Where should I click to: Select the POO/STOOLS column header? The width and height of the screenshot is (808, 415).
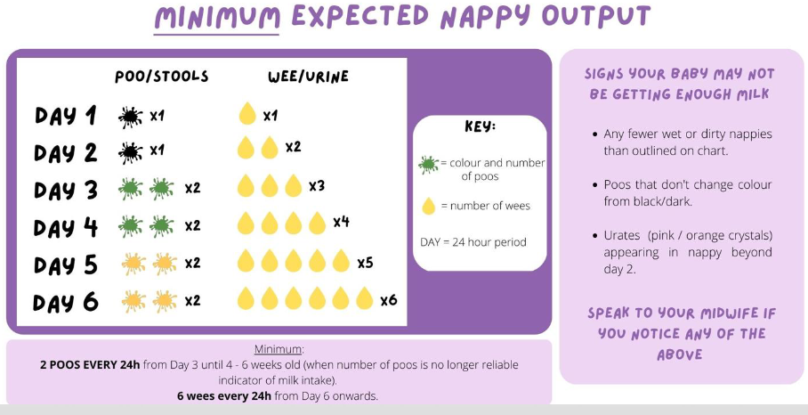pos(162,77)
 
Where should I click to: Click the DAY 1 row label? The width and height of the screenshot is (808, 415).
pos(66,116)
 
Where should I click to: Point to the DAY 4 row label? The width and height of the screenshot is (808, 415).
pos(66,227)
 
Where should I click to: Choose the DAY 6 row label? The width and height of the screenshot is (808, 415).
pos(66,302)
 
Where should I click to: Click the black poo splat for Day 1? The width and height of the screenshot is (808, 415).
pos(130,116)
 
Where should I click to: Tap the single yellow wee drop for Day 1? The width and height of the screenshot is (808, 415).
pos(247,114)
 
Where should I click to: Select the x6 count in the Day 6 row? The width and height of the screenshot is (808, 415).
pos(388,300)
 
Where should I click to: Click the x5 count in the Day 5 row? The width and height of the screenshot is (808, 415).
pos(365,263)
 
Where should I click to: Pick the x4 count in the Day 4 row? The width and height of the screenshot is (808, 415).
pos(341,222)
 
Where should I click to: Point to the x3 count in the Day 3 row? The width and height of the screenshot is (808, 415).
pos(317,186)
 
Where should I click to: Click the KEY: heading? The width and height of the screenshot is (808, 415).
pos(480,126)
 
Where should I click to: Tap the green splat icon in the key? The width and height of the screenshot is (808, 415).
pos(428,164)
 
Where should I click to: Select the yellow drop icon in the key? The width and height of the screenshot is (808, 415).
pos(429,207)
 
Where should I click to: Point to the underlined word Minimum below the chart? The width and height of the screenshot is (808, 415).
pos(279,349)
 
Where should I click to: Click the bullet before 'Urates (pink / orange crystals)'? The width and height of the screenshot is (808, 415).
pos(594,235)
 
